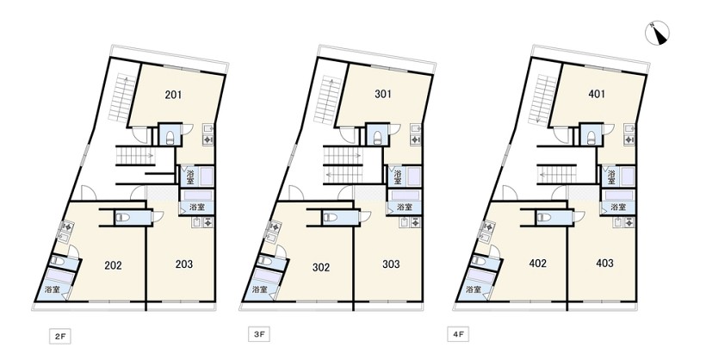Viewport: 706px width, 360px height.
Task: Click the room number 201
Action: [x=173, y=95]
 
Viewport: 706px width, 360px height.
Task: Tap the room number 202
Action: [x=113, y=265]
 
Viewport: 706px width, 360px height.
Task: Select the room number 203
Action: [x=183, y=264]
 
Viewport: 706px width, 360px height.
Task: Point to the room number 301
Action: [x=383, y=94]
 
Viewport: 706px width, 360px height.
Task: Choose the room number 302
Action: [x=321, y=267]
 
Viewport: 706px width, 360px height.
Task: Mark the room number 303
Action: [x=391, y=264]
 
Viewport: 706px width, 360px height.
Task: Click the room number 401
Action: [x=597, y=94]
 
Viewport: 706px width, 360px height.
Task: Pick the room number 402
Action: [x=537, y=264]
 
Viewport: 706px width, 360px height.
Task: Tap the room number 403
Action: [x=604, y=263]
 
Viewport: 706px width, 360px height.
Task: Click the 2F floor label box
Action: [x=60, y=337]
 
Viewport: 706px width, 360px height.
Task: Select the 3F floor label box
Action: [x=259, y=335]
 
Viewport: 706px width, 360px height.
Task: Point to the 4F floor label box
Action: [x=458, y=335]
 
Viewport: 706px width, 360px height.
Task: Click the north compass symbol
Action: [x=658, y=34]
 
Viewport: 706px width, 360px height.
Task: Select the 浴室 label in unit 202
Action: [x=53, y=289]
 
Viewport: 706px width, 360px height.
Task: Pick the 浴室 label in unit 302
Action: [x=260, y=289]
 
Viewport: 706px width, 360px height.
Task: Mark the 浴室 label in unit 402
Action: [x=474, y=289]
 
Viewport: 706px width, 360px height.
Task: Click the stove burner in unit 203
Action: [x=207, y=222]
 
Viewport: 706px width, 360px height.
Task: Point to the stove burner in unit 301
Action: [x=414, y=140]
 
